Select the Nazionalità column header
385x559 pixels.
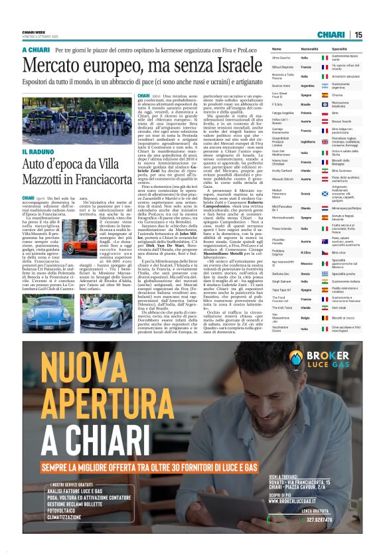coord(309,50)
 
